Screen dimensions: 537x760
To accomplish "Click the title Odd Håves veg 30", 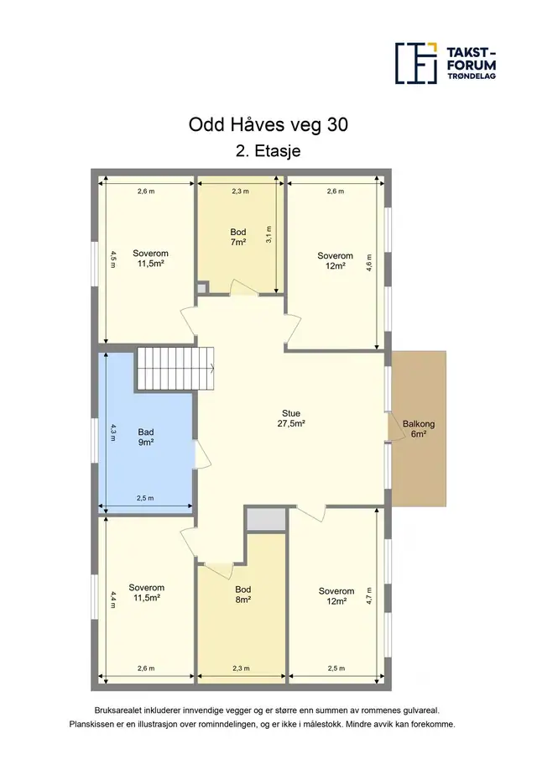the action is coord(268,125).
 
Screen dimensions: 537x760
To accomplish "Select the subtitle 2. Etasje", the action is coord(268,150).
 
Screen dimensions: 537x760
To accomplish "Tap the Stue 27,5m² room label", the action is coord(291,418).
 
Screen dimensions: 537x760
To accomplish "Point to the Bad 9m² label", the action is coord(146,438).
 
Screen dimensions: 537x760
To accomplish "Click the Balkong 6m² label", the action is coord(419,429).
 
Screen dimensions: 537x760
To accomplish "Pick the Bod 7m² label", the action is coord(238,237).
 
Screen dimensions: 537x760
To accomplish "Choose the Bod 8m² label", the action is coord(243,595).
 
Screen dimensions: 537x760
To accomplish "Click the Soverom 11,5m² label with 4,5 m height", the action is coord(150,259).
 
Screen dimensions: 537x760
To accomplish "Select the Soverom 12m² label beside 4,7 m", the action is coord(336,596).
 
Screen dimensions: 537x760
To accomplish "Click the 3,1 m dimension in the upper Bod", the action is coord(269,234).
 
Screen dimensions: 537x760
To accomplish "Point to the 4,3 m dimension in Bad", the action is coord(112,432).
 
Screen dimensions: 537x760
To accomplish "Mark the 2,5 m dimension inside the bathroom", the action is coord(145,498).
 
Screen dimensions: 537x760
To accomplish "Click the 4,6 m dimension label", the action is coord(369,263).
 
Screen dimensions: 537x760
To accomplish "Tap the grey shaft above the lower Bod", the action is coord(265,521).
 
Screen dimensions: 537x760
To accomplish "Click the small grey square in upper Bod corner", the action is coord(201,288).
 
